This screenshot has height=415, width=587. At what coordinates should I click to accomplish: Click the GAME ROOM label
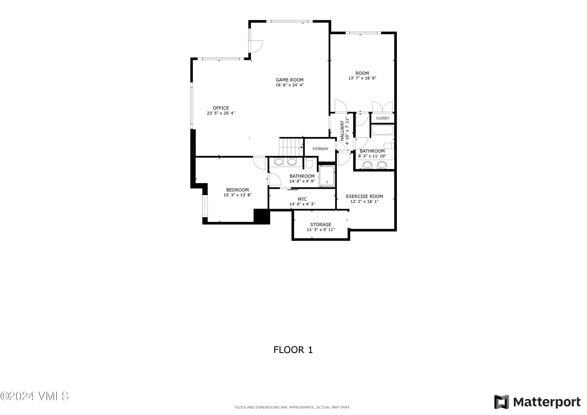click(x=289, y=80)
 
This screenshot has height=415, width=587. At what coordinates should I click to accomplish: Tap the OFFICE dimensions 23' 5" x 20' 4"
click(x=221, y=113)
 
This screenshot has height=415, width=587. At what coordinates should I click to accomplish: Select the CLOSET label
click(x=383, y=118)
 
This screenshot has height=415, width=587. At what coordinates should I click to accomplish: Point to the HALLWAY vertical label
click(x=342, y=131)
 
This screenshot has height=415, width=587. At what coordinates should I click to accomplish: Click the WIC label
click(x=302, y=199)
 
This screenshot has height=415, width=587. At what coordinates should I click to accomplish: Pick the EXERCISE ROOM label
click(x=364, y=196)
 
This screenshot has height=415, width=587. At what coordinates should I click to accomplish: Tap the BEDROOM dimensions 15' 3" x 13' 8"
click(x=238, y=195)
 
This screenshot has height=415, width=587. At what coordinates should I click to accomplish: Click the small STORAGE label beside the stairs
click(x=320, y=149)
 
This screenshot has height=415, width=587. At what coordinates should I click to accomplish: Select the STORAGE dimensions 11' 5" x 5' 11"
click(x=321, y=230)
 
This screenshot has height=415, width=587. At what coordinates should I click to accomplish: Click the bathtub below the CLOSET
click(x=383, y=130)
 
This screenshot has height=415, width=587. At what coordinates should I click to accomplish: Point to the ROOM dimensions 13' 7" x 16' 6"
click(x=362, y=78)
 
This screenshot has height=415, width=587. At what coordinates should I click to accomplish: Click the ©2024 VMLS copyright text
click(x=34, y=396)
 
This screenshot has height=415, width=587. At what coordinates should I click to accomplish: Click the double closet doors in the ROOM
click(x=383, y=107)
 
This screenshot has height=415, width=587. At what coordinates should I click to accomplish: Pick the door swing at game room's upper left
click(x=257, y=47)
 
